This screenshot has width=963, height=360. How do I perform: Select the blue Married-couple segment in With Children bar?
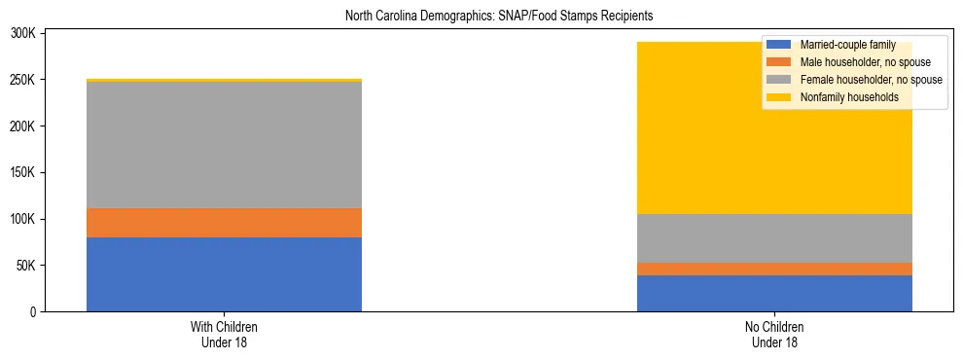[x=224, y=274]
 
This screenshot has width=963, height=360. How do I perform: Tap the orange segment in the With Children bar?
[x=224, y=223]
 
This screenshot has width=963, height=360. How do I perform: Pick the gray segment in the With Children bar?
[x=224, y=145]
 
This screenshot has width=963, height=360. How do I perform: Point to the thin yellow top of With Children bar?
[x=224, y=80]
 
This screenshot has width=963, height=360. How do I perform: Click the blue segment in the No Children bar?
[x=774, y=293]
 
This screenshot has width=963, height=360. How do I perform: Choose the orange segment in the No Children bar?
[x=774, y=269]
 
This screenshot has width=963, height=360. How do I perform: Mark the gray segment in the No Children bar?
[x=774, y=238]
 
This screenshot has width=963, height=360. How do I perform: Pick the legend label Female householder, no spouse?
[x=870, y=80]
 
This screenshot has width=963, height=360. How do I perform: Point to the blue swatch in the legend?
[x=780, y=45]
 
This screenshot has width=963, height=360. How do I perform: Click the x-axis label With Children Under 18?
[x=224, y=335]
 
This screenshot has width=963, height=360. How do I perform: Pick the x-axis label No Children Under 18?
[x=774, y=335]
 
